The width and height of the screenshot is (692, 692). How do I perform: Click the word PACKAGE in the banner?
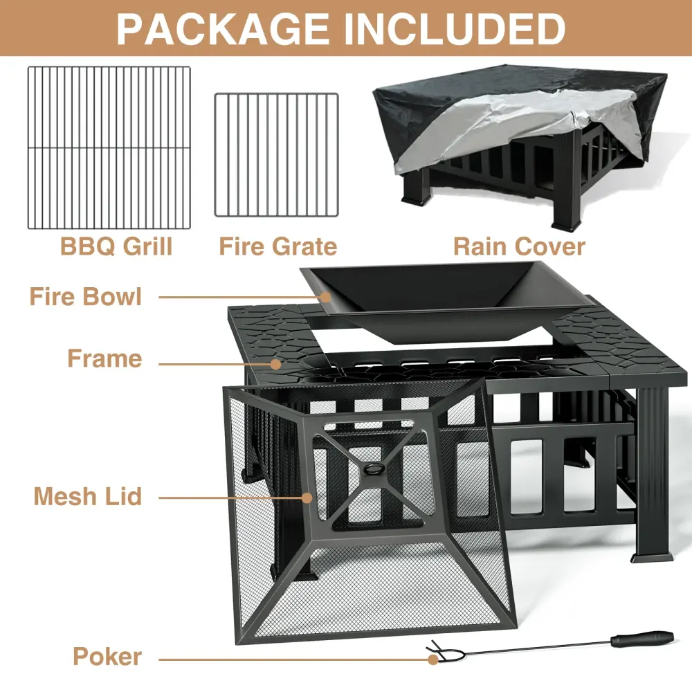(x=222, y=29)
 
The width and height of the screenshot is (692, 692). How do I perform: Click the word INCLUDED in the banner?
(x=455, y=29)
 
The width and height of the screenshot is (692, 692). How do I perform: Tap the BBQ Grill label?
(x=116, y=246)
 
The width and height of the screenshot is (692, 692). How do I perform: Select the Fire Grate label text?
(x=278, y=246)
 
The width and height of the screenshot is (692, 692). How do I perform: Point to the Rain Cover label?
(x=520, y=246)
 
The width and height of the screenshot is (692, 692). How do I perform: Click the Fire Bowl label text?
(x=86, y=297)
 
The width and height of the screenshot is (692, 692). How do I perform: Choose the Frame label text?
(x=104, y=358)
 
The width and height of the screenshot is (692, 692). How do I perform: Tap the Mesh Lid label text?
(x=88, y=496)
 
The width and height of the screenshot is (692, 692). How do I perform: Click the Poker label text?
(x=107, y=657)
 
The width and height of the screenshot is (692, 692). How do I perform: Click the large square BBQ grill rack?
(x=109, y=148)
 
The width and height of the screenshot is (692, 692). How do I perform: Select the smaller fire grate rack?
(x=276, y=155)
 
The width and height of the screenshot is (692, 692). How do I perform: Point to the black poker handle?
(x=642, y=639)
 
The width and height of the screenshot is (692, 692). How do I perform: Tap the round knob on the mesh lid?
(x=374, y=468)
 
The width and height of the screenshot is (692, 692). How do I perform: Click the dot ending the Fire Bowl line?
(x=326, y=297)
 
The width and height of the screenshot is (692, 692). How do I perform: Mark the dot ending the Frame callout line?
(x=276, y=364)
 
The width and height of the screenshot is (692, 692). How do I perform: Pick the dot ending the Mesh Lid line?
(x=307, y=498)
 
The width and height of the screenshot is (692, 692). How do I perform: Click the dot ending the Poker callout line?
(x=433, y=659)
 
